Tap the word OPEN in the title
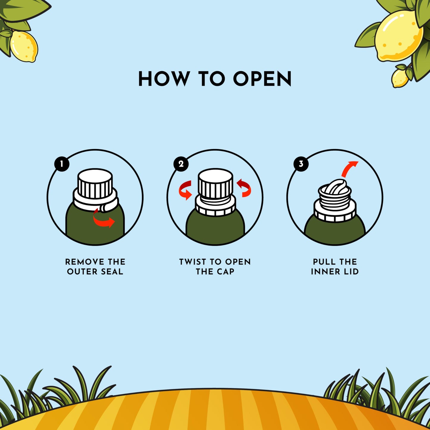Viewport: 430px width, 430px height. pyautogui.click(x=262, y=79)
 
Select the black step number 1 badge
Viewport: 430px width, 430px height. pyautogui.click(x=62, y=164)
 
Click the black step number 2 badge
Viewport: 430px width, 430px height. pyautogui.click(x=181, y=164)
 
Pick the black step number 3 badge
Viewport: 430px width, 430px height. pyautogui.click(x=301, y=164)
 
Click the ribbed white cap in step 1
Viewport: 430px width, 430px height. pyautogui.click(x=95, y=183)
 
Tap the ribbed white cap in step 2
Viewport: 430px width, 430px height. pyautogui.click(x=215, y=183)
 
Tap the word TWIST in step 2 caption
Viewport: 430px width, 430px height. pyautogui.click(x=192, y=262)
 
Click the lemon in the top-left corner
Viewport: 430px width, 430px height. pyautogui.click(x=24, y=46)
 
